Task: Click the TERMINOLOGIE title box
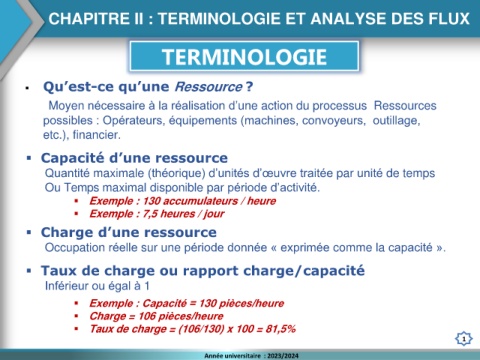pyautogui.click(x=244, y=56)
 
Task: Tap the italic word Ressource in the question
pyautogui.click(x=209, y=87)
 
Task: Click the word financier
pyautogui.click(x=97, y=135)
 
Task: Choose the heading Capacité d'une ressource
pyautogui.click(x=134, y=158)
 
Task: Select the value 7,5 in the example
pyautogui.click(x=150, y=214)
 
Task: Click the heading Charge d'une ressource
pyautogui.click(x=129, y=232)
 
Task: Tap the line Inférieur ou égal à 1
pyautogui.click(x=97, y=286)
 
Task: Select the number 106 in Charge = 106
pyautogui.click(x=147, y=316)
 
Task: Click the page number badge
pyautogui.click(x=464, y=339)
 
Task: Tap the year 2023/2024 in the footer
pyautogui.click(x=283, y=356)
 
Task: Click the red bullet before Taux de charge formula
pyautogui.click(x=77, y=329)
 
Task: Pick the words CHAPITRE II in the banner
pyautogui.click(x=96, y=18)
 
